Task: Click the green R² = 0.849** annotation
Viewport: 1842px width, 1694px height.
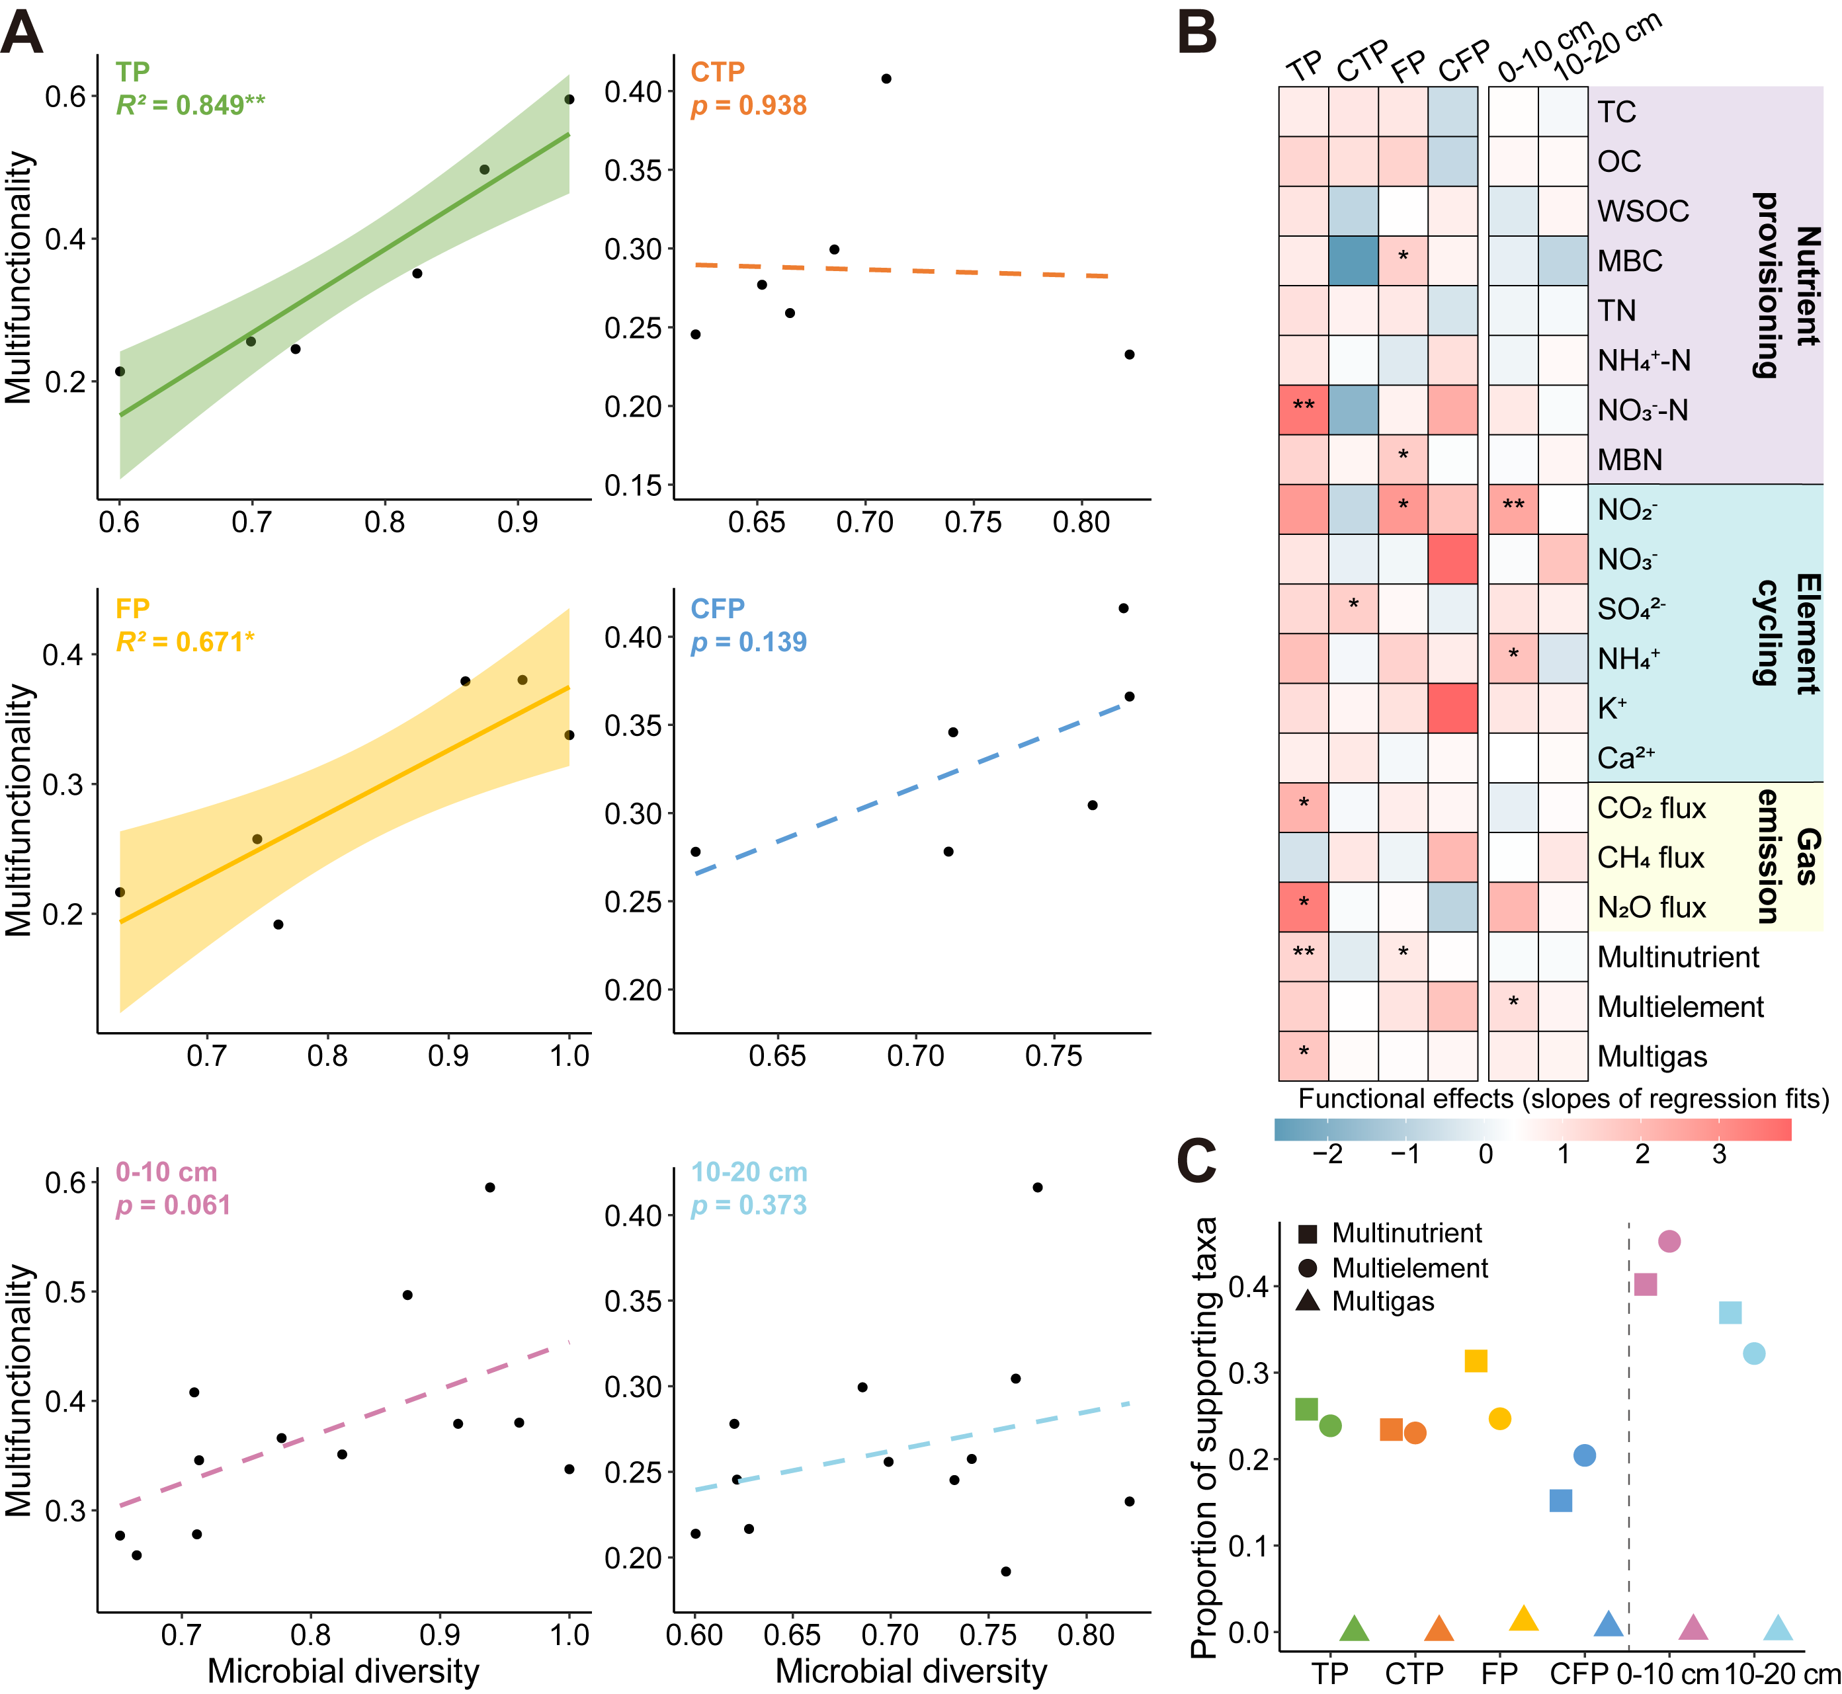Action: coord(190,105)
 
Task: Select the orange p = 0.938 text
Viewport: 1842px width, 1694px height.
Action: coord(748,105)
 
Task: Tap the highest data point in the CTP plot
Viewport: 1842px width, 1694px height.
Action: coord(886,79)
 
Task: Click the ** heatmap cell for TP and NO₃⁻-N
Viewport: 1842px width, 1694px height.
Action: coord(1303,409)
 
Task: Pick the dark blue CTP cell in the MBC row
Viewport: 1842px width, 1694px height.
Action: coord(1353,261)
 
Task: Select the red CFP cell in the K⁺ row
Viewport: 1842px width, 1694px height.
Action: coord(1452,707)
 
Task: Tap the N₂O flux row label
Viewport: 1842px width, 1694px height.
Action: coord(1650,907)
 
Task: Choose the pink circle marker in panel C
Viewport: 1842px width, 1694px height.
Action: coord(1669,1241)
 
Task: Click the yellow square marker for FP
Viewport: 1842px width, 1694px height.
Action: coord(1475,1361)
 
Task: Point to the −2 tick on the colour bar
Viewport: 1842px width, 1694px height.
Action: coord(1327,1153)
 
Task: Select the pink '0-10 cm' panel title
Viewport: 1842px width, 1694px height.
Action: coord(166,1172)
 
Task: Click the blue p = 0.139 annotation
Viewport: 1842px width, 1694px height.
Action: coord(748,641)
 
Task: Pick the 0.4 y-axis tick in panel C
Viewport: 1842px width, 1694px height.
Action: coord(1248,1286)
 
